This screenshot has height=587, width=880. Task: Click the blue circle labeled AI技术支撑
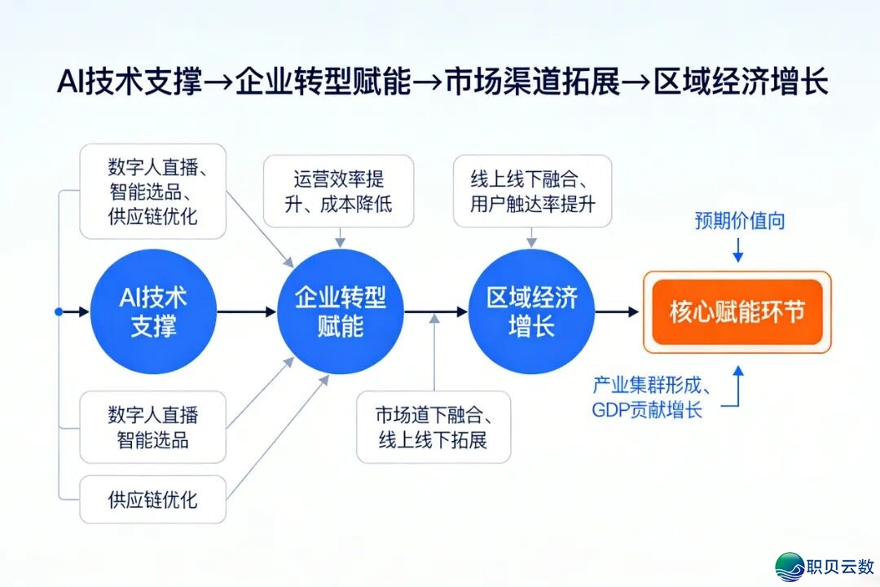pyautogui.click(x=153, y=311)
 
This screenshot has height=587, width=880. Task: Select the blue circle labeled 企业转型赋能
pyautogui.click(x=340, y=311)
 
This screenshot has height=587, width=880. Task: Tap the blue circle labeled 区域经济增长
pyautogui.click(x=531, y=311)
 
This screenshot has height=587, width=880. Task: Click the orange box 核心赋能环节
pyautogui.click(x=737, y=312)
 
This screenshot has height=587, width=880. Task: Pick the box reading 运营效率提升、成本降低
pyautogui.click(x=338, y=191)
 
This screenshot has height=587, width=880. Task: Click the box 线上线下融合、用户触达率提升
pyautogui.click(x=531, y=191)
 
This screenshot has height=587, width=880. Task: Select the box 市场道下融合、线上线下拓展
pyautogui.click(x=433, y=427)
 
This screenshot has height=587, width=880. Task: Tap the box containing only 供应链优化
pyautogui.click(x=152, y=499)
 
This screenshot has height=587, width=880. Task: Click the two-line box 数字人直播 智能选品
pyautogui.click(x=152, y=427)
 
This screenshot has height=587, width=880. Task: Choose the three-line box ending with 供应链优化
pyautogui.click(x=152, y=192)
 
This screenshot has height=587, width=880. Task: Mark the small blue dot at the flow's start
pyautogui.click(x=58, y=311)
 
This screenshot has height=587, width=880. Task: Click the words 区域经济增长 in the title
pyautogui.click(x=741, y=83)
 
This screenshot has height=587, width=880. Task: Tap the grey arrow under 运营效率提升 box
pyautogui.click(x=340, y=236)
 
